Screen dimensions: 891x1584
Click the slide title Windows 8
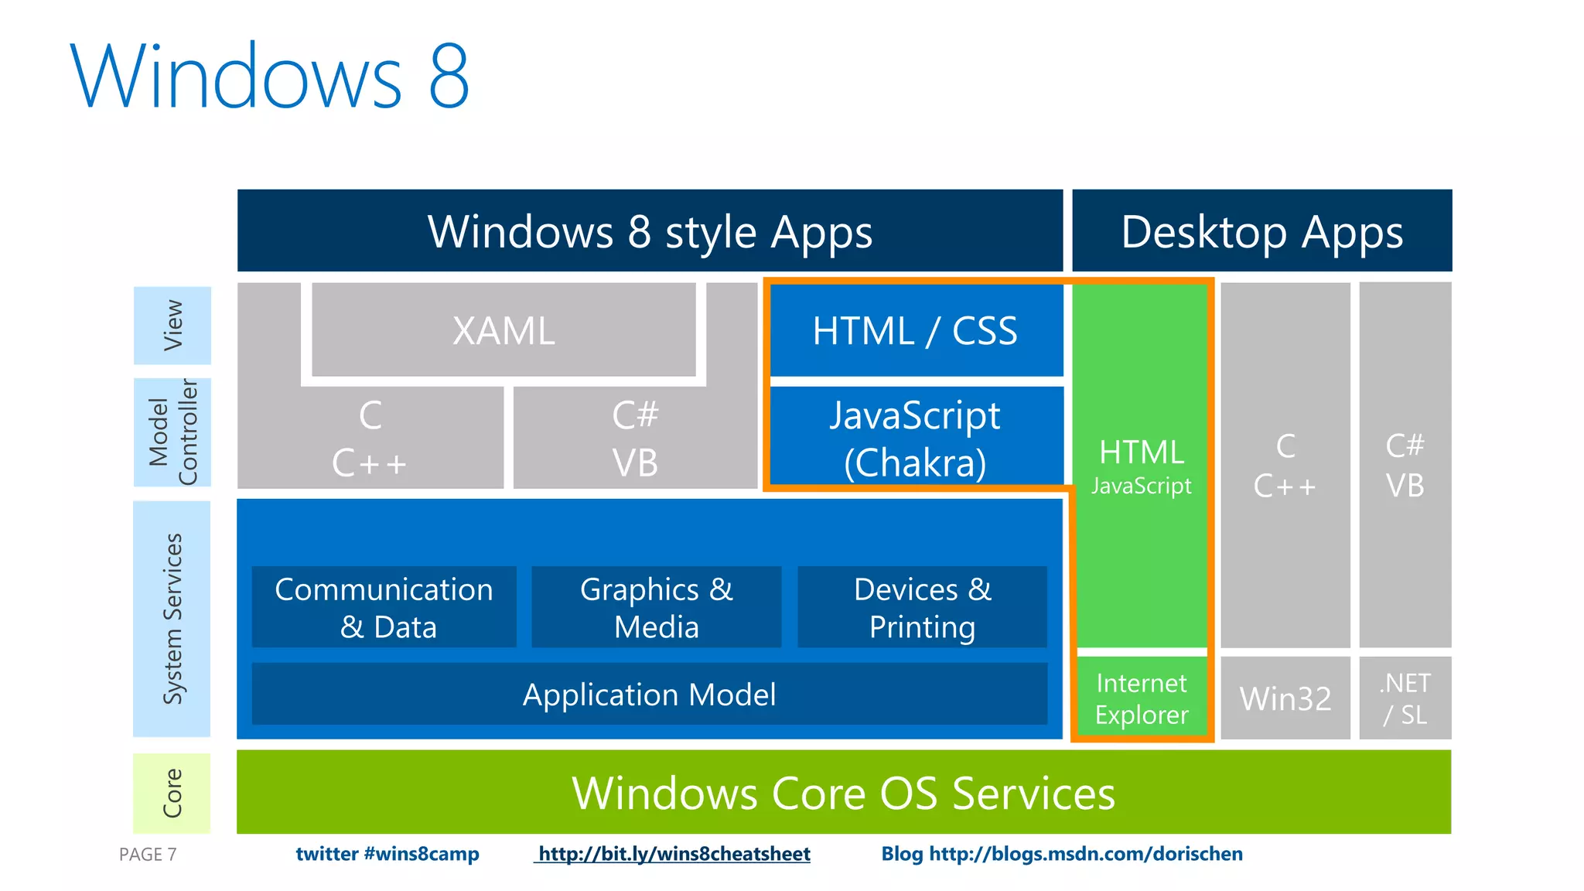pos(270,76)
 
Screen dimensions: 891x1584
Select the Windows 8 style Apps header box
pos(650,230)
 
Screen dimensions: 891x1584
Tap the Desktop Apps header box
pos(1261,230)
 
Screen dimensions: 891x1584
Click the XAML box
pos(504,330)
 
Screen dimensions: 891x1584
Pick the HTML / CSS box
pos(916,330)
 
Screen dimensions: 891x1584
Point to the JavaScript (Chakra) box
pos(916,438)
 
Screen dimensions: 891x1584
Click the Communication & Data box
pos(384,607)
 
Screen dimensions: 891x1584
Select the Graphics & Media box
pos(656,607)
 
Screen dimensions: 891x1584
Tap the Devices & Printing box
pos(922,607)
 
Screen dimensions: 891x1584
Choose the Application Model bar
pos(650,694)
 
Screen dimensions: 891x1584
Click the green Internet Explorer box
pos(1142,698)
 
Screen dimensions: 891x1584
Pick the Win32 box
pos(1285,698)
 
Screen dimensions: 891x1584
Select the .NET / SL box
pos(1405,698)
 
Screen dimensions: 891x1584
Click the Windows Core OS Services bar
pos(843,792)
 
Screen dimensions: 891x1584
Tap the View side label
pos(172,326)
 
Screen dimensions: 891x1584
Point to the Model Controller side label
pos(172,432)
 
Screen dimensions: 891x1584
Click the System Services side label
pos(172,619)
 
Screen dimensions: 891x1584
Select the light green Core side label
pos(172,793)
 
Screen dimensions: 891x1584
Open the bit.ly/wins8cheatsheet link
pos(674,854)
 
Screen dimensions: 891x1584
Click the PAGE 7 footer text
pos(148,855)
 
